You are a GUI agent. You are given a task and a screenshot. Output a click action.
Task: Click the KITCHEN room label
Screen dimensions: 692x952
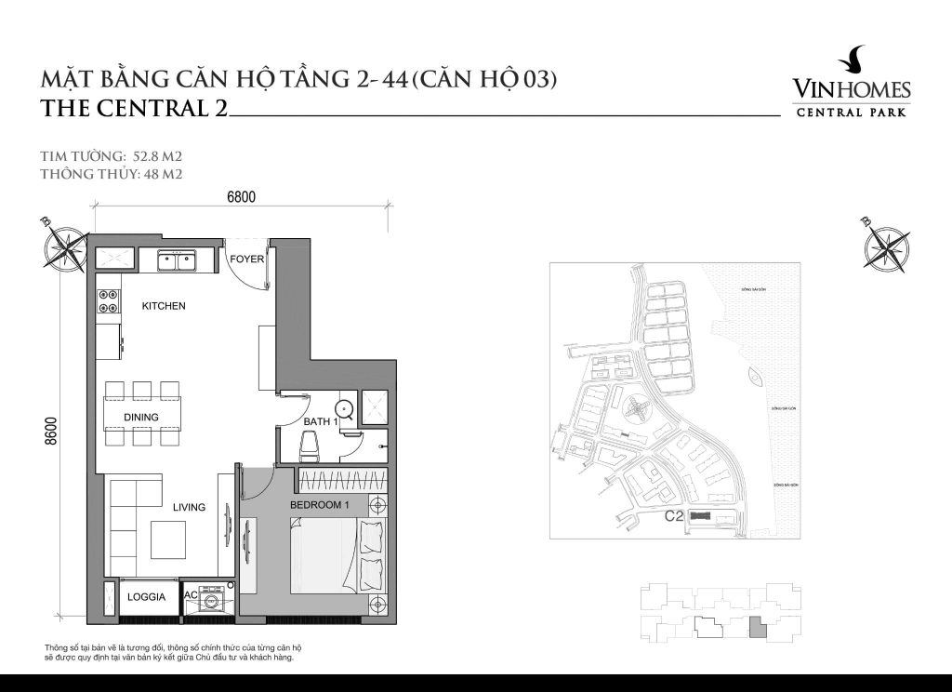(x=164, y=306)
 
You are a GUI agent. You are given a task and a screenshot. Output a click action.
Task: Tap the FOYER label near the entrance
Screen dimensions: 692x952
(x=247, y=259)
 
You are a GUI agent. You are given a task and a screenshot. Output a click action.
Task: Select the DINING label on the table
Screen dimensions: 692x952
(x=141, y=417)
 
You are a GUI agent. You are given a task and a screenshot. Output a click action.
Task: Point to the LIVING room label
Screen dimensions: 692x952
(x=189, y=507)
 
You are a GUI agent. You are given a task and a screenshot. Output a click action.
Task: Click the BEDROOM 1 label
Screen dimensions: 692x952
(x=319, y=505)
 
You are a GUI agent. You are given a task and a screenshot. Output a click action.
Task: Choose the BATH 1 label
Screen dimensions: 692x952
(x=320, y=422)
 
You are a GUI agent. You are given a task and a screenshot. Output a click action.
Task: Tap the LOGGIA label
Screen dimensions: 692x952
(x=146, y=597)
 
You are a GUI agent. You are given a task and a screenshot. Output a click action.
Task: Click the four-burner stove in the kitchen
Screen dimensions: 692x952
(x=108, y=301)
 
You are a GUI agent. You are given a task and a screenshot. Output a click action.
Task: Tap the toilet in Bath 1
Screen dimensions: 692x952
(x=309, y=447)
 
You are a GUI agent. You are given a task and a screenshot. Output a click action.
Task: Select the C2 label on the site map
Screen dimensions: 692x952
(x=674, y=516)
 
